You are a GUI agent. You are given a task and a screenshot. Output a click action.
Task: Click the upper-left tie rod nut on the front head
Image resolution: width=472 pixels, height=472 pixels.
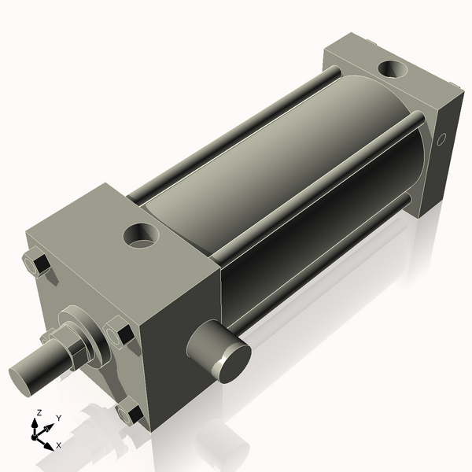point(35,264)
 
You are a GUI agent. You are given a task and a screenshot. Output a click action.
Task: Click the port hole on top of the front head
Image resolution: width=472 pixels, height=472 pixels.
point(142,234)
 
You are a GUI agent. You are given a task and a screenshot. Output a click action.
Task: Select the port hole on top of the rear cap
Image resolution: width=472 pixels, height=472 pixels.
point(393,70)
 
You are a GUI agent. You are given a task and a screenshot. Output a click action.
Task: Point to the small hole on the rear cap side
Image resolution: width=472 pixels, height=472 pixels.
point(441,141)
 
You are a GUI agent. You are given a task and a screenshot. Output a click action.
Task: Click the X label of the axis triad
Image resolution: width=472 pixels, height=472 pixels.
point(59,446)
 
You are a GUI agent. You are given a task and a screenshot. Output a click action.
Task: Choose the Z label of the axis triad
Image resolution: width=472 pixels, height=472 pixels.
point(39,412)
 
